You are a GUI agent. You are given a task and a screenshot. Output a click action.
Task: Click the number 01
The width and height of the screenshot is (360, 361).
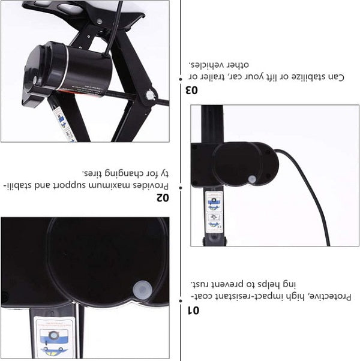[193, 309]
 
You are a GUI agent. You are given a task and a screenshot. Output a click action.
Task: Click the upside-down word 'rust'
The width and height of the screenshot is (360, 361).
[201, 282]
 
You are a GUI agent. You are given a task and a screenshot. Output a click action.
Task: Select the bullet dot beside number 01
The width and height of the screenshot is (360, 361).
[181, 297]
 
